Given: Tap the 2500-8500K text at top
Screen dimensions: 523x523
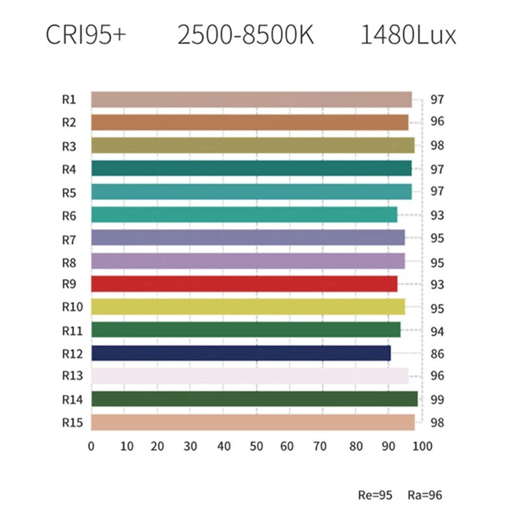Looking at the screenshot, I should tap(246, 36).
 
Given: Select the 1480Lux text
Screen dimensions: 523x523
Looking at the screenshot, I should tap(408, 36).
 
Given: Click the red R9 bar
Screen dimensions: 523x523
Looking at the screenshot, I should tap(244, 284).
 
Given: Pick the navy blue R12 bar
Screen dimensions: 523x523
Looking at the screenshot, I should tap(241, 353).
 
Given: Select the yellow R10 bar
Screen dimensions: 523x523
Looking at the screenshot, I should tap(248, 307).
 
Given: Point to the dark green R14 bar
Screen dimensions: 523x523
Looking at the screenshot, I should tap(254, 399).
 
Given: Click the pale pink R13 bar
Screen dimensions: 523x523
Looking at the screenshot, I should tap(250, 376).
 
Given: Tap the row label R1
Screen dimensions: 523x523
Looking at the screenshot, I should tap(69, 99).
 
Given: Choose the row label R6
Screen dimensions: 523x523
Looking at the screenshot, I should tap(69, 215).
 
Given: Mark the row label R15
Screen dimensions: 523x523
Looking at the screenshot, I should tap(72, 422).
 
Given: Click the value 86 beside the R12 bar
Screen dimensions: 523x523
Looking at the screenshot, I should tap(437, 354).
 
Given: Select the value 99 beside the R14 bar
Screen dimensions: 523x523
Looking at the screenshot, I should tap(437, 400).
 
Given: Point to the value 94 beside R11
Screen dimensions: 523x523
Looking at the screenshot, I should tap(437, 331).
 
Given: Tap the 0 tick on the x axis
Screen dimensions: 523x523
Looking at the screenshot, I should tap(92, 447).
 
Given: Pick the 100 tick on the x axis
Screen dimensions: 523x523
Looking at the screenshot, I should tap(422, 447).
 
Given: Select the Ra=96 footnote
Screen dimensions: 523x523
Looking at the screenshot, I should tap(424, 495).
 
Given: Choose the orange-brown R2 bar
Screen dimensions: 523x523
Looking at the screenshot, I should tap(250, 122).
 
